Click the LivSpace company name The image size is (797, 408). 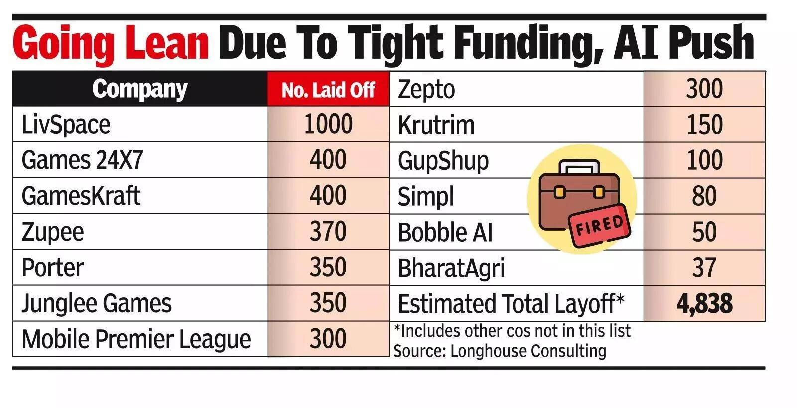pos(66,125)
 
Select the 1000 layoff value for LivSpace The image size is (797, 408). pos(328,124)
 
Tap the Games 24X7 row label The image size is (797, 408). pos(82,160)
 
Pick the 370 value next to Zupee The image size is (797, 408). pos(328,232)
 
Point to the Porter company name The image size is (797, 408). pos(52,268)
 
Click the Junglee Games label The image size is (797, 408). pos(97,303)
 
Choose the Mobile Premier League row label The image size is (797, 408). pos(136,339)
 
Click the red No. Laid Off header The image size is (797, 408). pos(328,90)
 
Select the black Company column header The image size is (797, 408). pos(139,89)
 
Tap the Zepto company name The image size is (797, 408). pos(426,90)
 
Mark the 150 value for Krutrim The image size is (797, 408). pos(704,125)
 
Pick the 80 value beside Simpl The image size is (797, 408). pos(704,196)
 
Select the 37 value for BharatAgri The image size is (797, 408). pos(704,268)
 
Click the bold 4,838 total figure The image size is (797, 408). pos(704,303)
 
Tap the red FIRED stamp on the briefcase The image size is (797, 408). pos(600,225)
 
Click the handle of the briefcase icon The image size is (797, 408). pos(579,166)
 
